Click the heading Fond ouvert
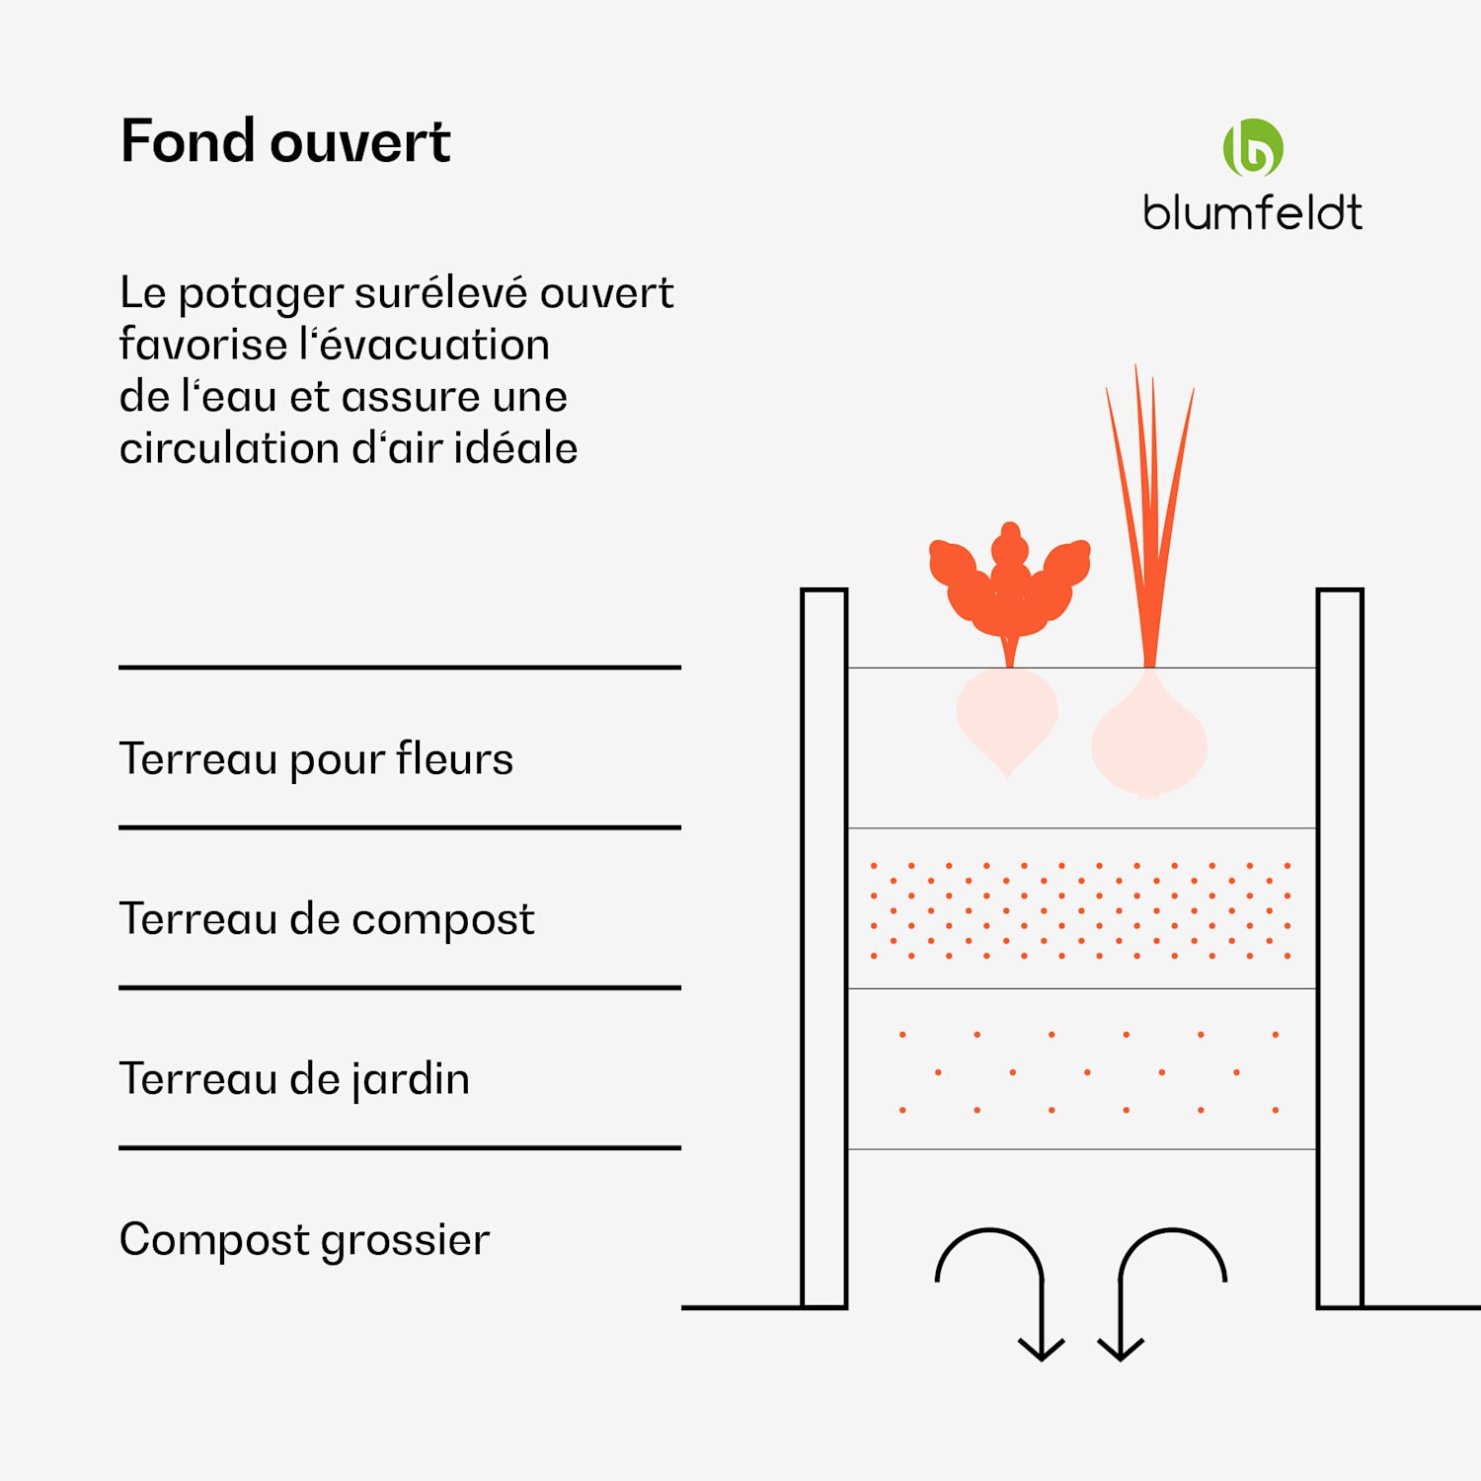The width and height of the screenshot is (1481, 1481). [285, 141]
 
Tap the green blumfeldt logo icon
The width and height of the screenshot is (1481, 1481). [1253, 148]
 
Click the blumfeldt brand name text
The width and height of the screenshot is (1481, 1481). [1252, 213]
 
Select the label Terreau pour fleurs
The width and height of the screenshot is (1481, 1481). [316, 759]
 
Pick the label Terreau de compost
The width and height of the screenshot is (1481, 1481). [327, 919]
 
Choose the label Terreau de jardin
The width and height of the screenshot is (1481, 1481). [294, 1079]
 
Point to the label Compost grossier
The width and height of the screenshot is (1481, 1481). [304, 1240]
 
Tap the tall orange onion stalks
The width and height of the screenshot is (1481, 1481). [1148, 513]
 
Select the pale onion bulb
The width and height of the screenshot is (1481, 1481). [1149, 741]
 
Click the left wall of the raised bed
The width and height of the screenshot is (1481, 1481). [824, 948]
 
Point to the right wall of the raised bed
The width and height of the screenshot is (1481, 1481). [1340, 948]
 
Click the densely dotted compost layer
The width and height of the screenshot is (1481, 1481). [1081, 909]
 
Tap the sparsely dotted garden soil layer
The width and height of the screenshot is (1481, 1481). [1081, 1071]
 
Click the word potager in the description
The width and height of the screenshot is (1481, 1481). [261, 294]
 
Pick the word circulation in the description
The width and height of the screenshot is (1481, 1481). [228, 448]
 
